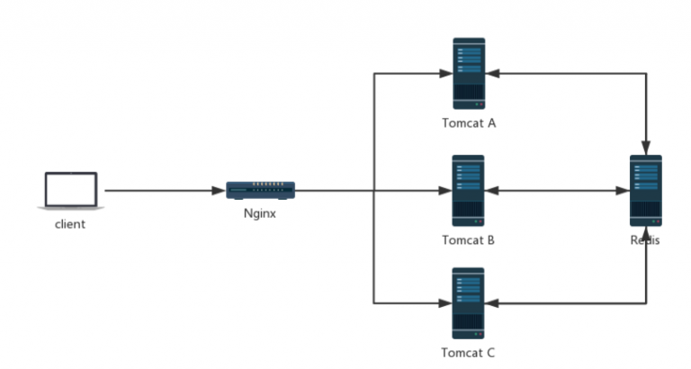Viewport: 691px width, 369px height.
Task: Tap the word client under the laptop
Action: click(x=69, y=224)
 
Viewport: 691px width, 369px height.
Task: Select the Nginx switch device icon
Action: click(x=260, y=190)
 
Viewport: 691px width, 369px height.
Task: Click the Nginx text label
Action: click(x=260, y=214)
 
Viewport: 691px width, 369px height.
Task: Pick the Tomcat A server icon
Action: click(x=469, y=74)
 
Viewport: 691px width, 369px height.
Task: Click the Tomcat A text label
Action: click(x=469, y=123)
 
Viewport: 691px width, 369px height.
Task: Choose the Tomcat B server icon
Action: click(x=469, y=191)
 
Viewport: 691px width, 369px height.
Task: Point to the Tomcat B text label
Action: click(x=469, y=240)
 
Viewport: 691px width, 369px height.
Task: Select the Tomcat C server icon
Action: click(x=469, y=303)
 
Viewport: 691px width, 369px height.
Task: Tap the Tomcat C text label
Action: click(x=469, y=353)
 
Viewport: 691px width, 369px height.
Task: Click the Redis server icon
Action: click(x=646, y=191)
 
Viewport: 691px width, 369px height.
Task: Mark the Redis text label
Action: click(x=646, y=240)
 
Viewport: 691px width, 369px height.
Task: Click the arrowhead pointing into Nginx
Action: click(x=219, y=191)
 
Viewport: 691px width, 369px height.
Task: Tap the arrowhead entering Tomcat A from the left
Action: click(x=444, y=74)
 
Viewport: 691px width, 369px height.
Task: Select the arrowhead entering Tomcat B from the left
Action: click(x=444, y=191)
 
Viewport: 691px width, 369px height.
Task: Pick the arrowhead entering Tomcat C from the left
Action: click(x=444, y=303)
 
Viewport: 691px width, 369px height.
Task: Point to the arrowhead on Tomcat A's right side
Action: click(x=494, y=74)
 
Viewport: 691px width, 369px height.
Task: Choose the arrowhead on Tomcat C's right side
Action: click(x=494, y=303)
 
